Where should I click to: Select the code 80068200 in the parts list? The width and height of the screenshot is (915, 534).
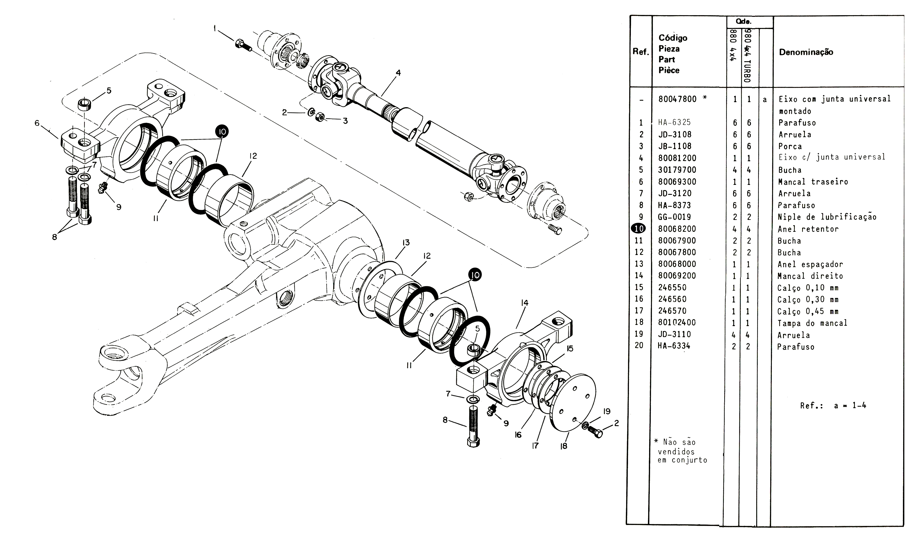(x=677, y=229)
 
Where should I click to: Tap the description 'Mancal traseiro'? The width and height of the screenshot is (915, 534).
(x=813, y=182)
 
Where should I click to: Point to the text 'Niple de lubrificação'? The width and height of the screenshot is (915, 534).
(x=827, y=217)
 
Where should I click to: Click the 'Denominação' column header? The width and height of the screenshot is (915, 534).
(x=806, y=52)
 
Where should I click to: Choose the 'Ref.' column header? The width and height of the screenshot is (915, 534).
(x=641, y=52)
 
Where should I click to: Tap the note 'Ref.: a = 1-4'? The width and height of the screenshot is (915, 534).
(x=833, y=405)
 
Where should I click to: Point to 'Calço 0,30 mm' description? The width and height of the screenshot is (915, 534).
(x=808, y=300)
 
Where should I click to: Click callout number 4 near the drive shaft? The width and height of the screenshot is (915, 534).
(x=398, y=73)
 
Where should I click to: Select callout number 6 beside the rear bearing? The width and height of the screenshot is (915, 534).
(x=37, y=123)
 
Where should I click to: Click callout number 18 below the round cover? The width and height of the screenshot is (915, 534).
(x=564, y=446)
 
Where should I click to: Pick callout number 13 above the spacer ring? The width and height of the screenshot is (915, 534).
(x=406, y=242)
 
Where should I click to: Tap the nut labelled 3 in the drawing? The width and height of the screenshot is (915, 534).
(x=320, y=117)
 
